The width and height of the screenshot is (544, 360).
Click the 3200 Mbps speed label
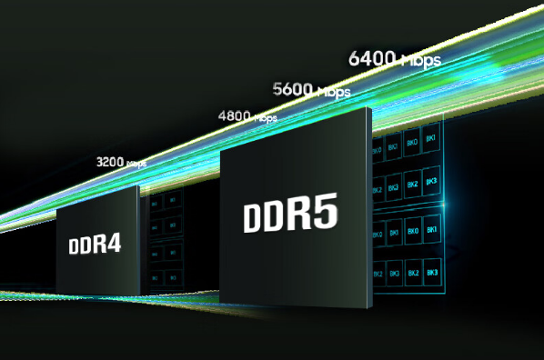(x=120, y=163)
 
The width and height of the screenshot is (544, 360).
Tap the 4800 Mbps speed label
(x=247, y=116)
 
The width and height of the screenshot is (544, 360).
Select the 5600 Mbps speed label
(x=310, y=90)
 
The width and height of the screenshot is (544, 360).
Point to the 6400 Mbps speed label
(x=394, y=60)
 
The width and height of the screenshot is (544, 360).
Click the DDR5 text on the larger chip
(x=290, y=217)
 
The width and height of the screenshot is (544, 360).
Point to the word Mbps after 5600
(x=332, y=92)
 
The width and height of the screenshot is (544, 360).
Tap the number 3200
(x=109, y=162)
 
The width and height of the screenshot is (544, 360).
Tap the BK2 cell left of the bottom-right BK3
(x=413, y=273)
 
